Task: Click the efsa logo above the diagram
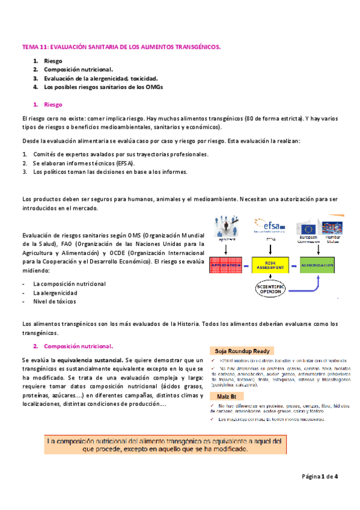click(x=271, y=227)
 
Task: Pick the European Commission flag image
click(x=309, y=228)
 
